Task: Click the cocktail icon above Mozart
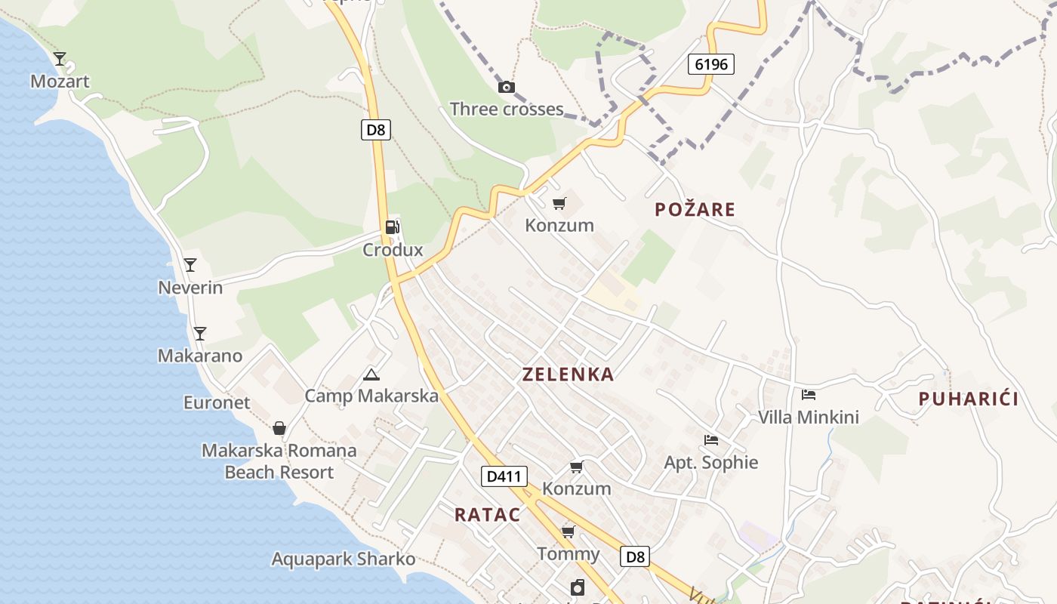pos(60,58)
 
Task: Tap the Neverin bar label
pos(190,287)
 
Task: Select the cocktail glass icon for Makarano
pos(199,333)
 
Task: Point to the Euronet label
pos(217,402)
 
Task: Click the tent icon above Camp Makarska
pos(371,374)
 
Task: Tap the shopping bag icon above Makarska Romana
pos(279,428)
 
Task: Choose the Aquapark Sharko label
pos(344,559)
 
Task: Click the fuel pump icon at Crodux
pos(392,226)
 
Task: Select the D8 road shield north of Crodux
pos(375,130)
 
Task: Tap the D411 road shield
pos(504,476)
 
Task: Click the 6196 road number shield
pos(711,64)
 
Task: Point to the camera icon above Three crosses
pos(507,88)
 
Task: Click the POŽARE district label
pos(695,209)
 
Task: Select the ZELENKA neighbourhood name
pos(568,374)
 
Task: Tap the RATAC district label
pos(487,515)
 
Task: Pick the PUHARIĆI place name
pos(969,399)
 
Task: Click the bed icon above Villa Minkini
pos(809,394)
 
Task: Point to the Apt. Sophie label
pos(710,462)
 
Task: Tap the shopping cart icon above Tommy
pos(569,532)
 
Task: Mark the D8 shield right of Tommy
pos(635,557)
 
